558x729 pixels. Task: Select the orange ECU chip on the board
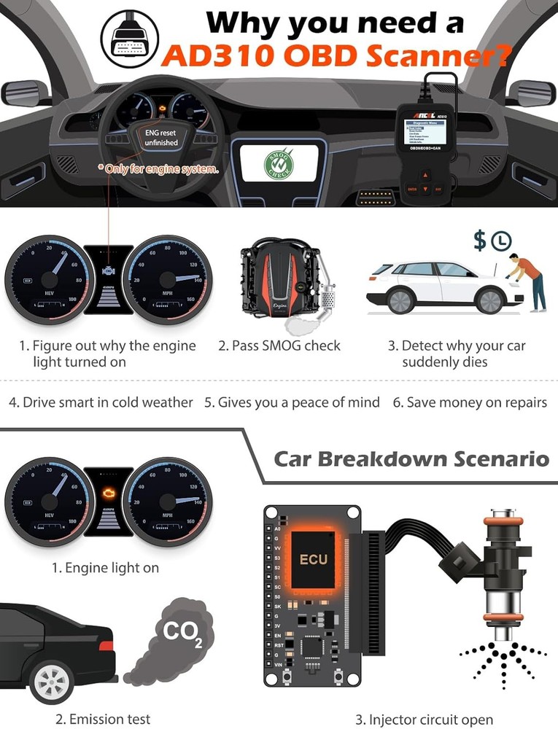[313, 560]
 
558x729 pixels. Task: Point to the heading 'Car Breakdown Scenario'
[411, 459]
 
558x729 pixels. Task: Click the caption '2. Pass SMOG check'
[279, 346]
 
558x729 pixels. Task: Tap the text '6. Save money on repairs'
[470, 402]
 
